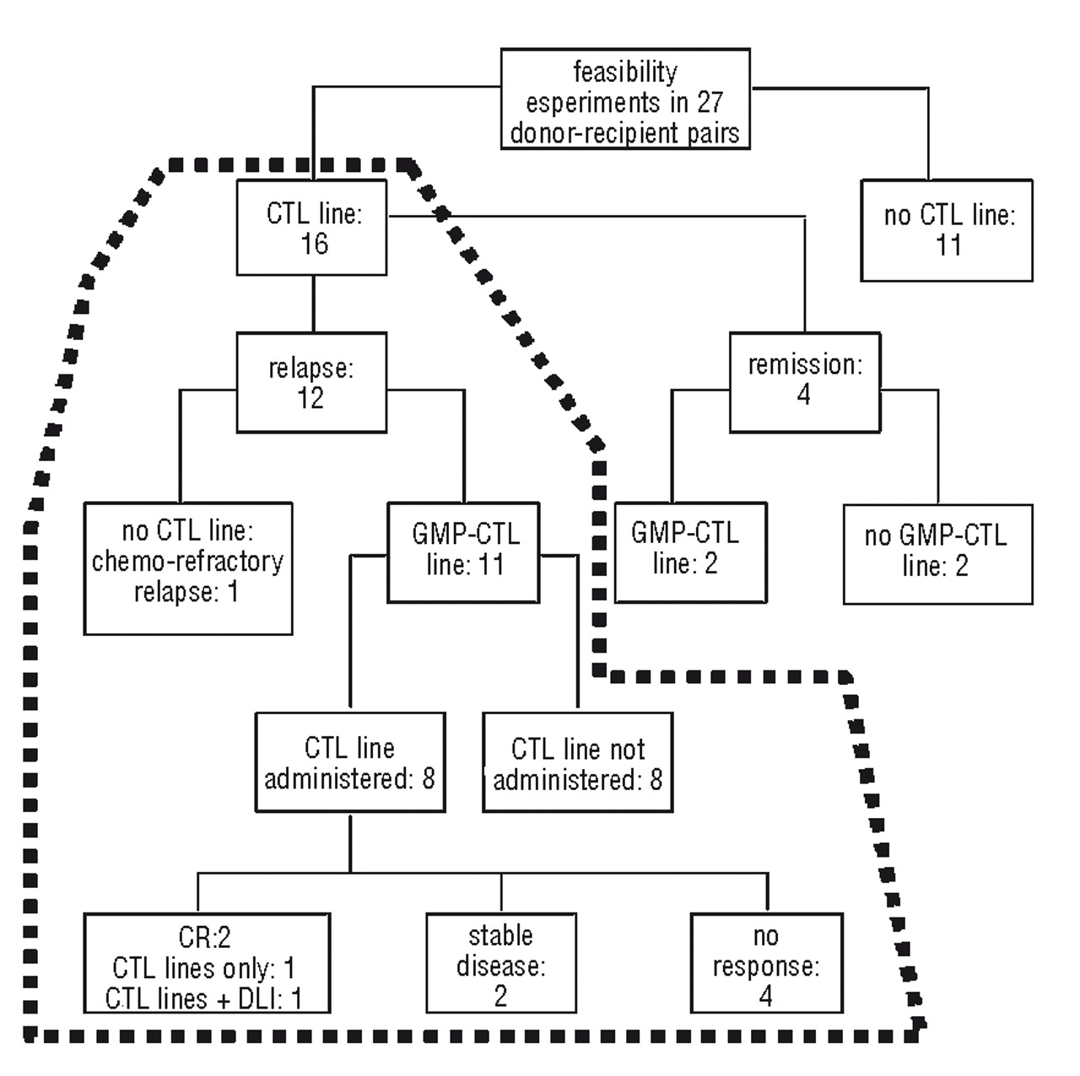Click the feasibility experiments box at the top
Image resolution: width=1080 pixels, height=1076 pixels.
tap(625, 100)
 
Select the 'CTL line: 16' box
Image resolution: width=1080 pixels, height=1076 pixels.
tap(312, 228)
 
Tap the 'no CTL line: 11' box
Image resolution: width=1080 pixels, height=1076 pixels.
tap(947, 230)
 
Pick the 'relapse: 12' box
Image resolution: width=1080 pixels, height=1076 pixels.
tap(311, 383)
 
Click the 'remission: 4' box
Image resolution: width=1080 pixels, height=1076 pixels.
tap(805, 382)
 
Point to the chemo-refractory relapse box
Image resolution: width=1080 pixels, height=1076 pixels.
tap(188, 568)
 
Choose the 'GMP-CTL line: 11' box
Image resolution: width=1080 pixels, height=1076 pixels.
tap(463, 552)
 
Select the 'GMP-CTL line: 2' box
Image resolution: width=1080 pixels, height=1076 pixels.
tap(690, 552)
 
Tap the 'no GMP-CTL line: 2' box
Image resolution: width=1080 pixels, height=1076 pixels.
tap(937, 554)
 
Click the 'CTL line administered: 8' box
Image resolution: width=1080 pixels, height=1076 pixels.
tap(350, 762)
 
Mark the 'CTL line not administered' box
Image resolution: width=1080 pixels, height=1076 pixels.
tap(578, 762)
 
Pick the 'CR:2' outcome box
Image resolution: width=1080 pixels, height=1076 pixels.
tap(207, 963)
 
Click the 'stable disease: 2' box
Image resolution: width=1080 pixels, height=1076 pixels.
tap(501, 963)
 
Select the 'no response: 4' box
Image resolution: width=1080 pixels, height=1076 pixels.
tap(766, 963)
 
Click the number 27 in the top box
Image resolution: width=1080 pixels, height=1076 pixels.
tap(710, 102)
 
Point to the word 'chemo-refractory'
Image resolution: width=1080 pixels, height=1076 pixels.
tap(187, 562)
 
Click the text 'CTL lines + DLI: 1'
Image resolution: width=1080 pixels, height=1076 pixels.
tap(204, 998)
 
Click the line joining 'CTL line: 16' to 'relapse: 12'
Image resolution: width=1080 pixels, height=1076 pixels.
tap(313, 304)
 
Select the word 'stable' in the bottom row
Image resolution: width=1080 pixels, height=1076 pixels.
tap(500, 935)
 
